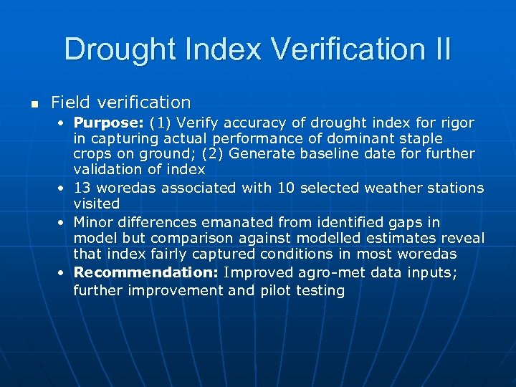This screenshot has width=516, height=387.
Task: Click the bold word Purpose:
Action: (109, 123)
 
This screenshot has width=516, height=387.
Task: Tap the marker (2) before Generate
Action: (213, 153)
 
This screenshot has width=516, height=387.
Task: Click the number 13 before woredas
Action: (83, 188)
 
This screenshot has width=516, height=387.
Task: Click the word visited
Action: (97, 204)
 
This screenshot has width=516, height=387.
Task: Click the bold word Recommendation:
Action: (146, 272)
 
